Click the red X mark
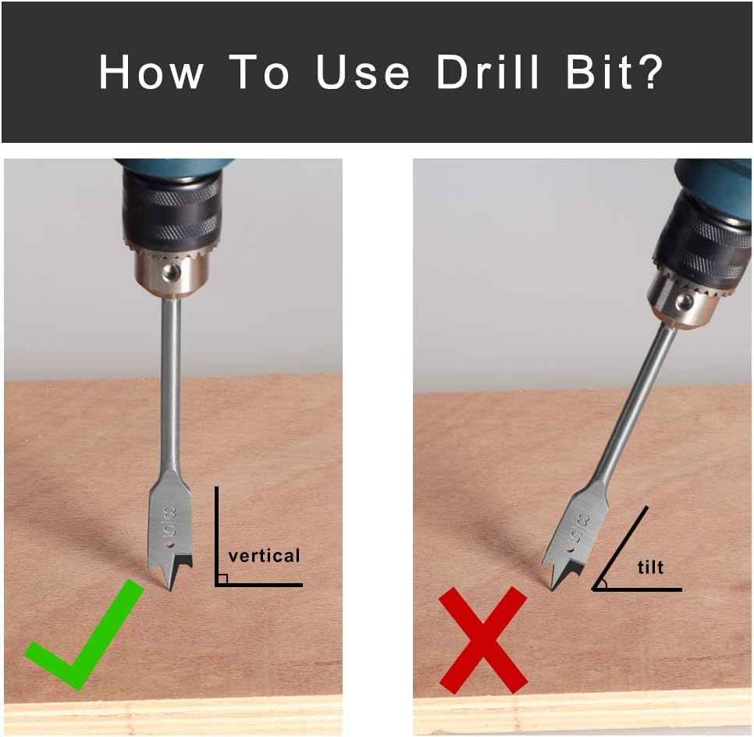[x=483, y=640]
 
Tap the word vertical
[x=264, y=556]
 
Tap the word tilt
[x=650, y=567]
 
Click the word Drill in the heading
[x=488, y=72]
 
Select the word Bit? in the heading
[x=616, y=72]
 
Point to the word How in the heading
[x=151, y=72]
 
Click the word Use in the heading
[x=363, y=72]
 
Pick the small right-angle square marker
[x=222, y=579]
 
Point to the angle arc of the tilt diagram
[x=604, y=583]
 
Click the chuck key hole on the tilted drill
[x=684, y=302]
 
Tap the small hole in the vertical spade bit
[x=169, y=546]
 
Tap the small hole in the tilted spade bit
[x=569, y=549]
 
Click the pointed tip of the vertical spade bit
[x=171, y=590]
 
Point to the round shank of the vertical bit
[x=171, y=385]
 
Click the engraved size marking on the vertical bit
[x=169, y=522]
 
